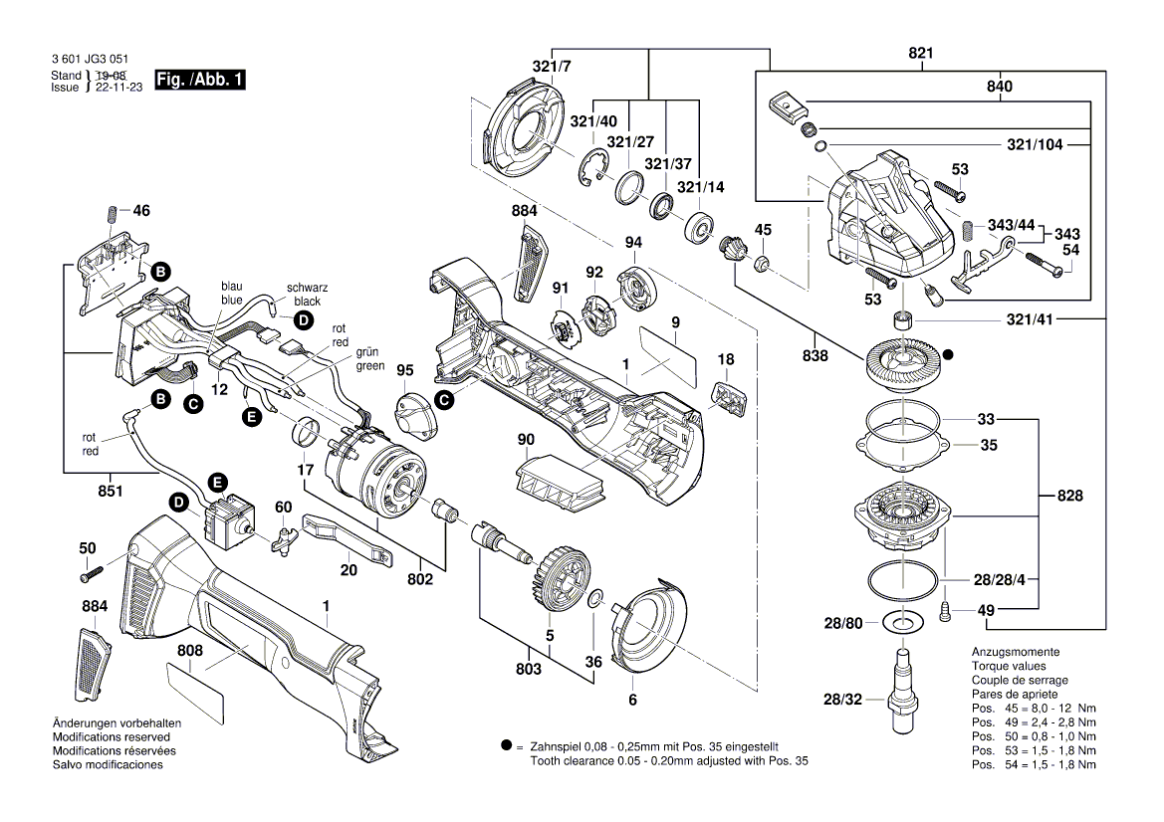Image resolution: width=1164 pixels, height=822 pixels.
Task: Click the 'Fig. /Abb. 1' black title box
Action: (x=200, y=80)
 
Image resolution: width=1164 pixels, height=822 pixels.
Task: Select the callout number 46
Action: (x=141, y=211)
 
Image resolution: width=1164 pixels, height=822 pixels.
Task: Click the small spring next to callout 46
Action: (x=111, y=214)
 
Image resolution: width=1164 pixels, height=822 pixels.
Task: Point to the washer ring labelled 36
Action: (x=592, y=599)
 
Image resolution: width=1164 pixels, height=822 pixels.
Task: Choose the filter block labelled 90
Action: (x=561, y=482)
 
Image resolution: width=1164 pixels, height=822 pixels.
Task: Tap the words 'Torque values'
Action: (x=1007, y=666)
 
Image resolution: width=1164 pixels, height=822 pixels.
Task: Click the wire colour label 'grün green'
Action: (x=370, y=359)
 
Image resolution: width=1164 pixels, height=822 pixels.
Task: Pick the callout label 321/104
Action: (x=1034, y=144)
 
